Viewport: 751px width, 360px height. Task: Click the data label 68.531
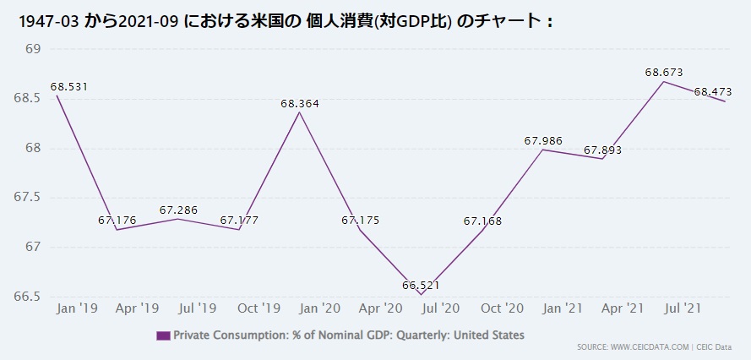click(x=69, y=86)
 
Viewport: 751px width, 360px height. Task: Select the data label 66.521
click(x=422, y=286)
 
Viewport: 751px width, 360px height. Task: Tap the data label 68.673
click(x=664, y=73)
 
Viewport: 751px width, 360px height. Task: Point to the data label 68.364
click(x=300, y=104)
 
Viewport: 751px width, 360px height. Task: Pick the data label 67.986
click(x=543, y=141)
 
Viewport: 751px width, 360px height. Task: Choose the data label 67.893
click(x=603, y=150)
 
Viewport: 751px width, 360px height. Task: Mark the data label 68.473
click(x=712, y=91)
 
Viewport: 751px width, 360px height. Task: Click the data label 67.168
click(x=482, y=221)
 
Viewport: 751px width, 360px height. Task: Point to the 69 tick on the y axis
click(x=34, y=49)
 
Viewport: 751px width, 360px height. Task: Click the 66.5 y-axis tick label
click(x=30, y=297)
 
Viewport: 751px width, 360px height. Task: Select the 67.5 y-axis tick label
click(x=30, y=198)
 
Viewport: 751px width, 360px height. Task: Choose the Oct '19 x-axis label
click(x=259, y=309)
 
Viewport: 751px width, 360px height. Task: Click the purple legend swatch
click(x=163, y=335)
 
